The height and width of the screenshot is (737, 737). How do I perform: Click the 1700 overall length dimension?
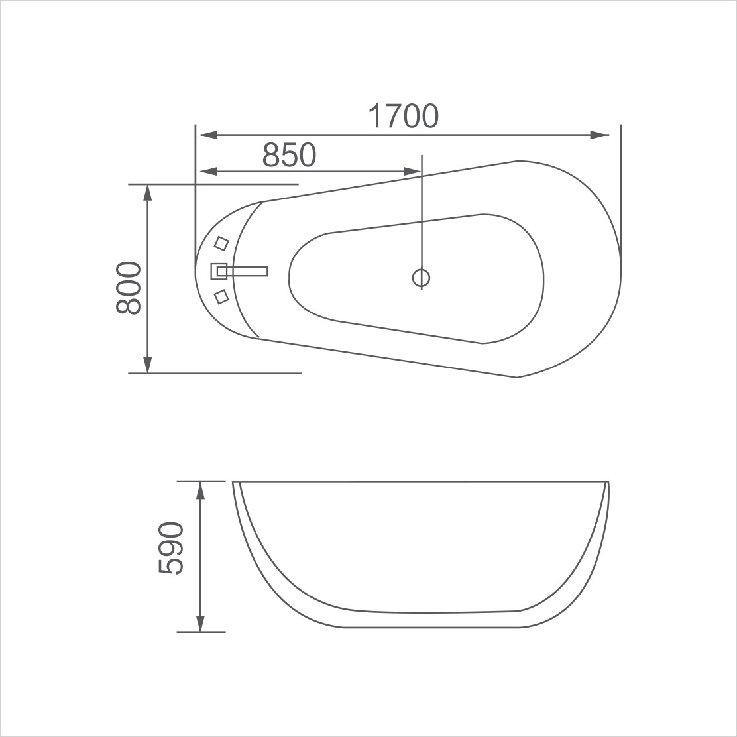403,116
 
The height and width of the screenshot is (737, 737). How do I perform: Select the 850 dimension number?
289,155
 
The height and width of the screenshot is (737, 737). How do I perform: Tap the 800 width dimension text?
129,288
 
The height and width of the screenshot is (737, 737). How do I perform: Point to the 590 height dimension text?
170,548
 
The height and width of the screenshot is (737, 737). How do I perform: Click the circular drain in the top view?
422,277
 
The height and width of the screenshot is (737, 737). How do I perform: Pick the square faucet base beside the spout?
219,271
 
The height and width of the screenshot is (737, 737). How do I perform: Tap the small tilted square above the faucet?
221,244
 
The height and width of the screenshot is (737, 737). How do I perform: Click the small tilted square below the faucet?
221,296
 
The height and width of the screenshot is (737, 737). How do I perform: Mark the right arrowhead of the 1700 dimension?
600,135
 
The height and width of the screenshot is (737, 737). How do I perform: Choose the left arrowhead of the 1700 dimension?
208,135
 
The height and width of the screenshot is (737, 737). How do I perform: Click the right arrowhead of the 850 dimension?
412,172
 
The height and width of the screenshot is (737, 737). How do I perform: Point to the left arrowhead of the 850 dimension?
208,172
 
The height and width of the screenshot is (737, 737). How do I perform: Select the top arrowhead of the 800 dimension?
147,192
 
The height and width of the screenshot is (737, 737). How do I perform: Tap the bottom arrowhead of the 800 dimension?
147,365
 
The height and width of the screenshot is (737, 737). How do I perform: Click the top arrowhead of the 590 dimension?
200,490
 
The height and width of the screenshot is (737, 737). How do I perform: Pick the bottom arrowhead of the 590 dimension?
200,624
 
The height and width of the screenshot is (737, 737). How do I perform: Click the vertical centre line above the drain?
422,212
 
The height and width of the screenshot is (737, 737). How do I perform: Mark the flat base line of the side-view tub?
431,627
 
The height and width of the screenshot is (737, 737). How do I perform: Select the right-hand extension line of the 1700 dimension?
620,192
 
